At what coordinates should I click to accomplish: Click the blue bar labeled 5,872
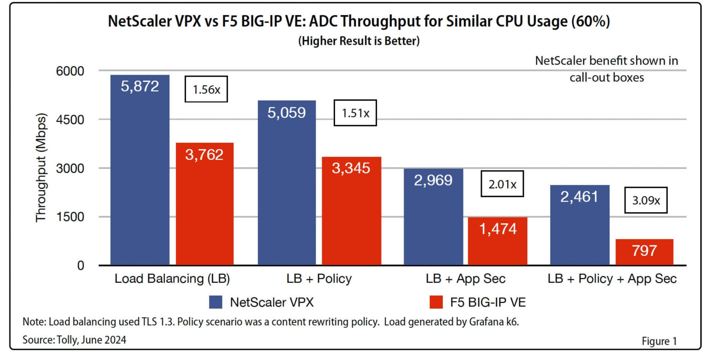[x=140, y=170]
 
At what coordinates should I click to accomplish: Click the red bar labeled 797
[x=644, y=252]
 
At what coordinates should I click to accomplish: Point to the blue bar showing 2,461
[x=579, y=225]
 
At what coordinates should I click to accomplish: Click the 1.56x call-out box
[x=206, y=89]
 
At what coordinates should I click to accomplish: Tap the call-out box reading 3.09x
[x=645, y=201]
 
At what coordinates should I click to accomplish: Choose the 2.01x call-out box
[x=502, y=185]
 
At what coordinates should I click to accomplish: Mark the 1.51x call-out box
[x=355, y=113]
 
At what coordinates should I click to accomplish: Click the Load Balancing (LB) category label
[x=172, y=279]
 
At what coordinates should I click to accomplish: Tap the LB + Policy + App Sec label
[x=612, y=279]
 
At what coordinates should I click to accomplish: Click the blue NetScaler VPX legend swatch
[x=216, y=302]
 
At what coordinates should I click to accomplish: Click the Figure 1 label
[x=659, y=341]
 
